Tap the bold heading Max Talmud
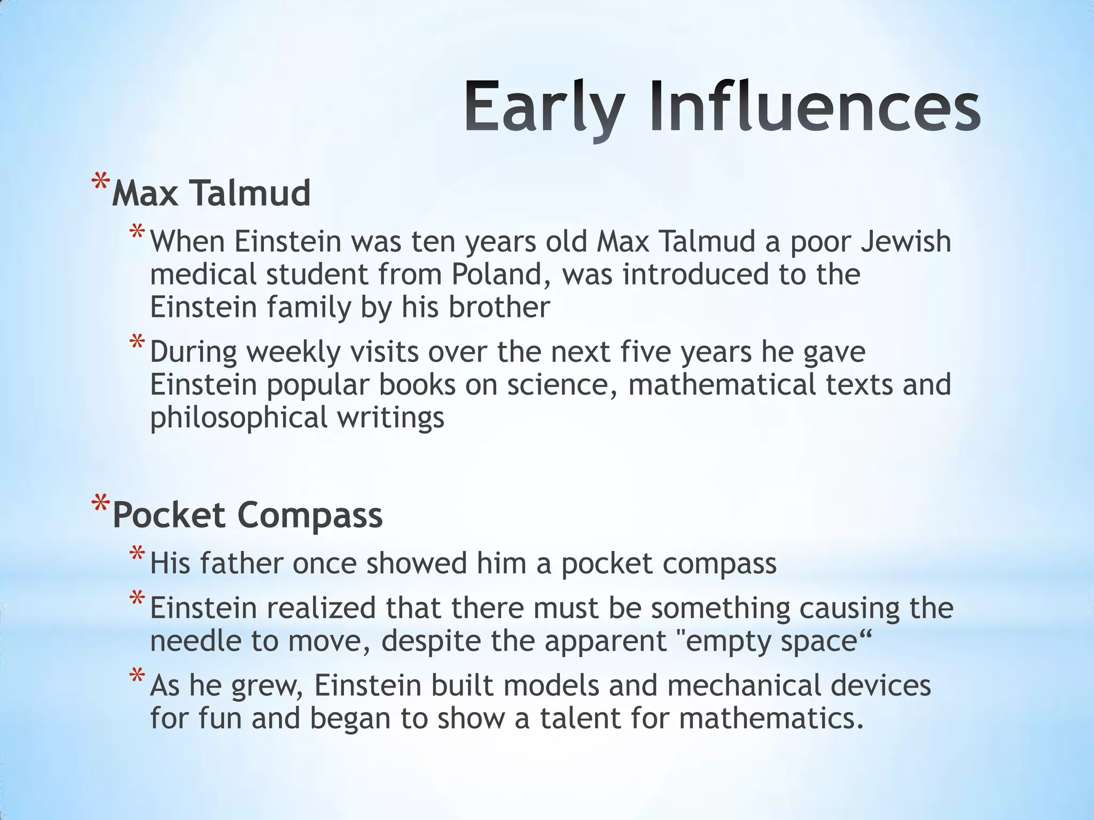point(211,193)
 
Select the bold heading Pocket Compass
point(247,516)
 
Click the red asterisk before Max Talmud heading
point(100,183)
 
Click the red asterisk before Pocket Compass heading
point(100,505)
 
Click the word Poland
point(496,274)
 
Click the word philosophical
point(238,418)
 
